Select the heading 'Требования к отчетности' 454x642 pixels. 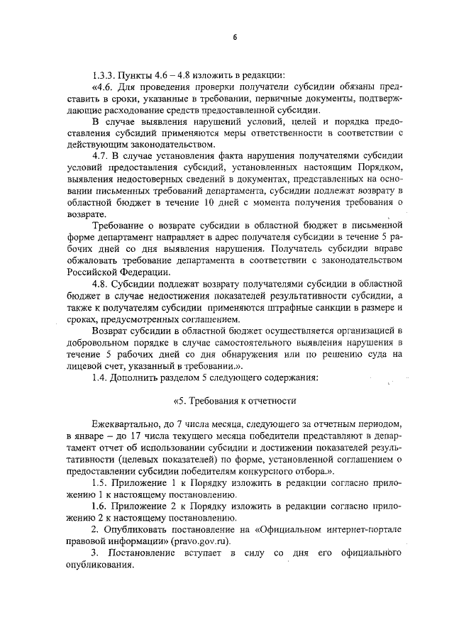(x=239, y=400)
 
